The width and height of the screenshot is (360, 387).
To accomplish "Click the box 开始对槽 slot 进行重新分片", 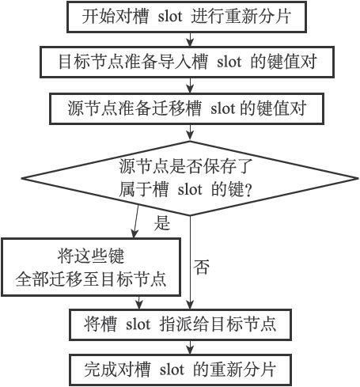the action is (187, 17).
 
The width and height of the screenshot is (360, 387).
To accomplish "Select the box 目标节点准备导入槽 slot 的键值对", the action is (187, 62).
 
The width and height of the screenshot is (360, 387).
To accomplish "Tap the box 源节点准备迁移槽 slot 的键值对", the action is (187, 108).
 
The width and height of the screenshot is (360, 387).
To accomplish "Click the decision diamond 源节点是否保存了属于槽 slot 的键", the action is (190, 178).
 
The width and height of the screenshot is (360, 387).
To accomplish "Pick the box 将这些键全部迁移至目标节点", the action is (91, 267).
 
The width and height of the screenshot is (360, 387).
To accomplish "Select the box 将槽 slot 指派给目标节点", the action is (180, 324).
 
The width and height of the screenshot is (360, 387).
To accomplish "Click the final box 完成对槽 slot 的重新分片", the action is (180, 370).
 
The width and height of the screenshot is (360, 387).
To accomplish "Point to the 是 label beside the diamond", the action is (162, 223).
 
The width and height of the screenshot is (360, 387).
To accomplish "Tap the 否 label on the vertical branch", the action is (202, 267).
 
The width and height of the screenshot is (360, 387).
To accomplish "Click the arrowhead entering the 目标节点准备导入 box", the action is (190, 43).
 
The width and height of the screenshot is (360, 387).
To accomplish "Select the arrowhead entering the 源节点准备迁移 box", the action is (190, 89).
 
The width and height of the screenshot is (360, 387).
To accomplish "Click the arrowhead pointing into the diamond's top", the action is (190, 137).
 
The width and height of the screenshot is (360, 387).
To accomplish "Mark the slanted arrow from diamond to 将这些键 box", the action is (136, 221).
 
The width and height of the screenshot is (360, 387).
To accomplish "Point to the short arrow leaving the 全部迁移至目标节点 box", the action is (138, 303).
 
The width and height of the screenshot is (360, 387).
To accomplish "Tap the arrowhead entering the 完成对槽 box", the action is (190, 351).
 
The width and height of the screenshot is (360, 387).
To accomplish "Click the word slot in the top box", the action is (170, 17).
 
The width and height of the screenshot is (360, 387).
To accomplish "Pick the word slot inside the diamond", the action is (190, 190).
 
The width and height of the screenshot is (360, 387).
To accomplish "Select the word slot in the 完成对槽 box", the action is (172, 370).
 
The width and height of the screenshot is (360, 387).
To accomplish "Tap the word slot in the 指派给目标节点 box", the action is (138, 324).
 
